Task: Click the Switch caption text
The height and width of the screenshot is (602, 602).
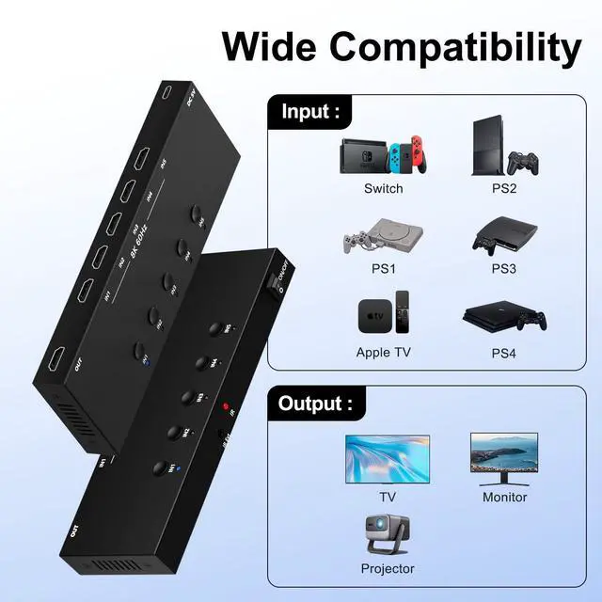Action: point(383,188)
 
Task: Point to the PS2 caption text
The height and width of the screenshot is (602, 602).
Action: point(504,188)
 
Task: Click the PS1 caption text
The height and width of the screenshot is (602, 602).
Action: point(383,268)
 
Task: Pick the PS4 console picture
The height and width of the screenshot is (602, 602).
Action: point(504,317)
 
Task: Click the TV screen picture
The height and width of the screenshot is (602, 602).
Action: point(387,457)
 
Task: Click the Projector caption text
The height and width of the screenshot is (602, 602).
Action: point(388,568)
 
